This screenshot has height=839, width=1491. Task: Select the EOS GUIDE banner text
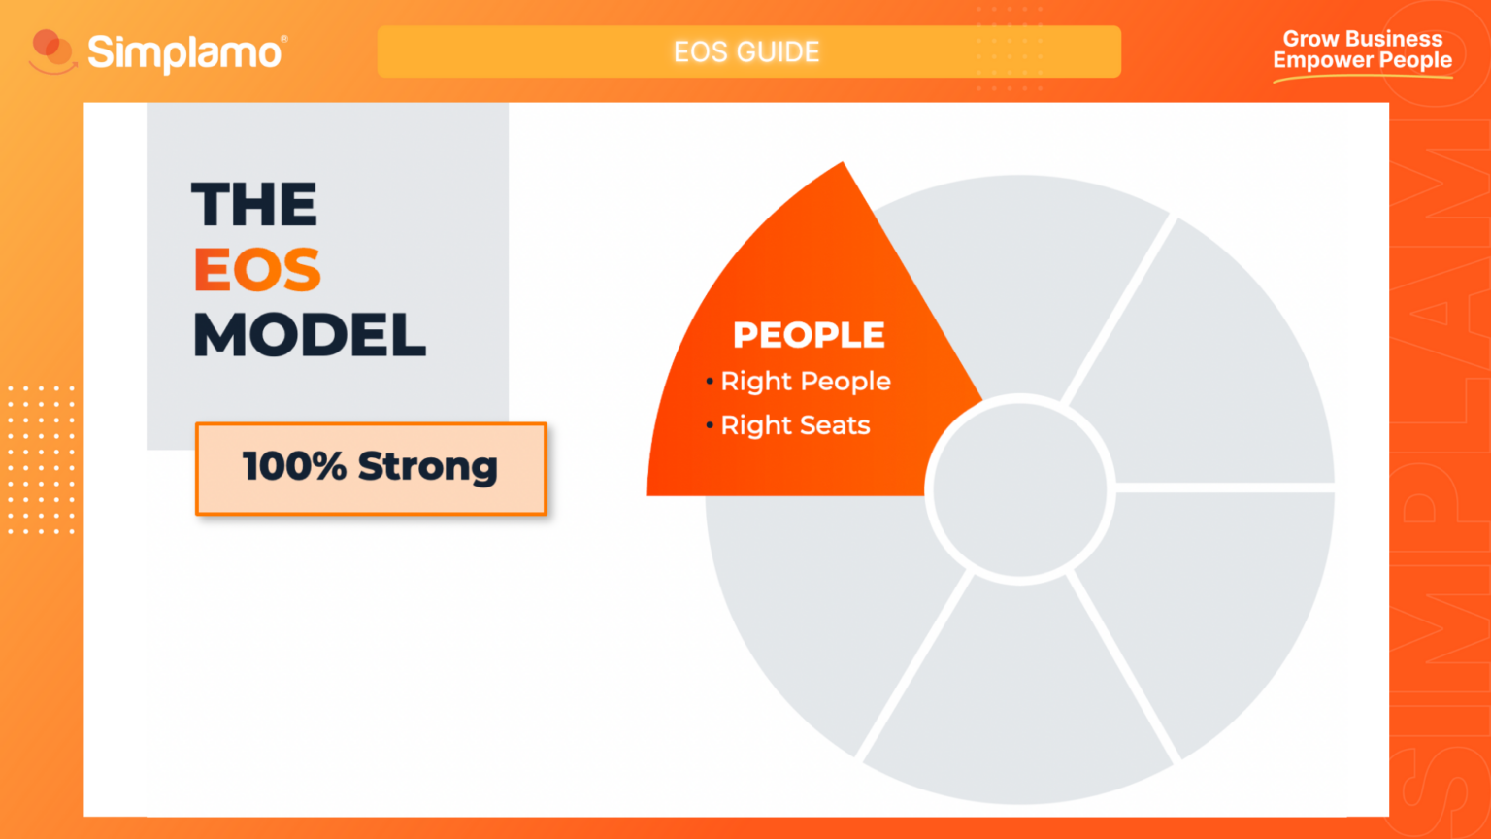tap(746, 51)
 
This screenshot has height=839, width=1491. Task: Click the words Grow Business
tap(1362, 39)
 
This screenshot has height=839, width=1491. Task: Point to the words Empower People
tap(1362, 60)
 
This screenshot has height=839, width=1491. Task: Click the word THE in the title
tap(254, 205)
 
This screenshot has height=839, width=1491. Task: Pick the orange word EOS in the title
tap(257, 270)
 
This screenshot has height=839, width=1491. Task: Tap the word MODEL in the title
tap(310, 336)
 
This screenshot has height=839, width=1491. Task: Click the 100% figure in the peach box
tap(293, 466)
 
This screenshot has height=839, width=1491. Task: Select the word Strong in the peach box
tap(427, 467)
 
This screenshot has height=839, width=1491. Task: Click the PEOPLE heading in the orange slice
tap(809, 335)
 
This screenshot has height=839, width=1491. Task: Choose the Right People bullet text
tap(806, 382)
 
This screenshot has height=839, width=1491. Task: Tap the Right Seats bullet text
tap(795, 425)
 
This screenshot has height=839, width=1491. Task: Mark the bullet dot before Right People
tap(710, 382)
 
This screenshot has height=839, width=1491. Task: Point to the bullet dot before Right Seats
tap(710, 425)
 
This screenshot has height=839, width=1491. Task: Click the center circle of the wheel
tap(1019, 489)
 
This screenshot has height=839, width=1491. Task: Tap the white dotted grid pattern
tap(41, 459)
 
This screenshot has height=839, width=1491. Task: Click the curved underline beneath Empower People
tap(1362, 76)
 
